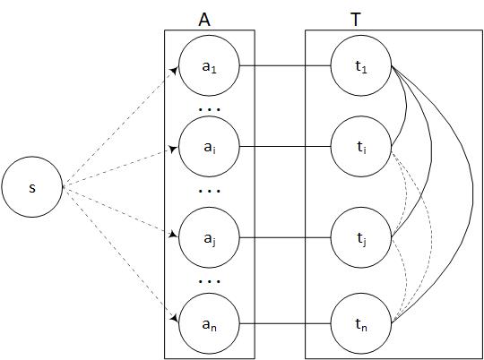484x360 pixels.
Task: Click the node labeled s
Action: [31, 188]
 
